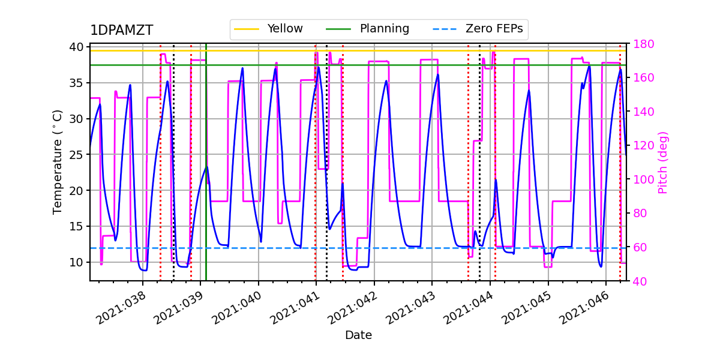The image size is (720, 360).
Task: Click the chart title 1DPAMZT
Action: coord(121,31)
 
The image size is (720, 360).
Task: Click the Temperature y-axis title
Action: coord(58,162)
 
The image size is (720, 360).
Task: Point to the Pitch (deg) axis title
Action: coord(663,162)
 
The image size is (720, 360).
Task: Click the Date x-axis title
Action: coord(358,335)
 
